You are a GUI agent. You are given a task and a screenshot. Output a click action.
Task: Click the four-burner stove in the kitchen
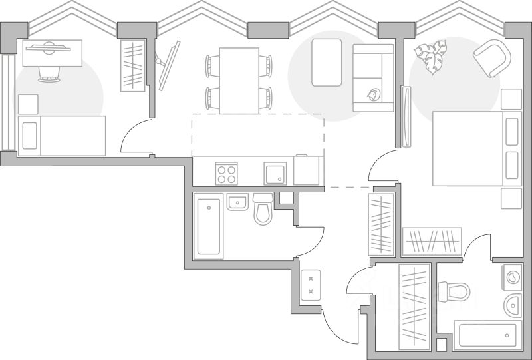227,173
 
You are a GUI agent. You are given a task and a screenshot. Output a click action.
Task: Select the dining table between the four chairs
239,81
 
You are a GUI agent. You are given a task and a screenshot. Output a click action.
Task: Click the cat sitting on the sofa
373,96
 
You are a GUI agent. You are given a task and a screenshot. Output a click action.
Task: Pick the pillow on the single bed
29,136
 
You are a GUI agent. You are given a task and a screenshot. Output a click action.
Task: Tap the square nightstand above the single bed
28,104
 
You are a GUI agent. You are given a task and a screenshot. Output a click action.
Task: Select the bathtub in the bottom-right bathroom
486,335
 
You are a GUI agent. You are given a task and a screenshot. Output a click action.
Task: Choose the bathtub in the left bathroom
209,226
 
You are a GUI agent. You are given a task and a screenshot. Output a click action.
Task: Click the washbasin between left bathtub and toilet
237,202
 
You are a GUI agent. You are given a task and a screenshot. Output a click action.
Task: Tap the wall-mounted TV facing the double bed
406,116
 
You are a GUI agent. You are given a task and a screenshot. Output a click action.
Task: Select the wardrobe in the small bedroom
133,66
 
